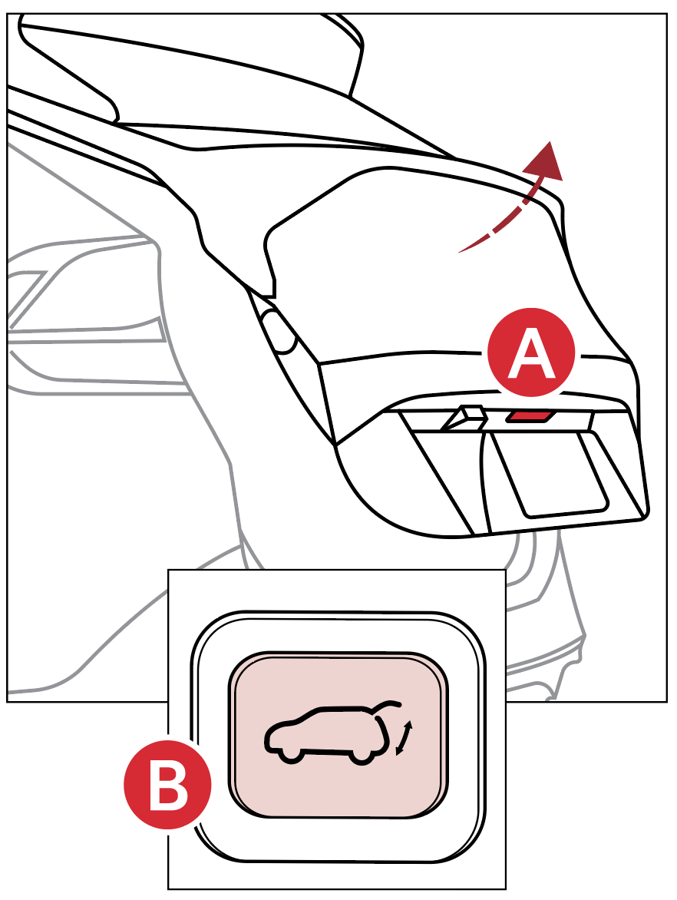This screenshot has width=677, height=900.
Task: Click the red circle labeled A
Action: click(531, 352)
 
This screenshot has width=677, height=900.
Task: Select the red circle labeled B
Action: click(168, 785)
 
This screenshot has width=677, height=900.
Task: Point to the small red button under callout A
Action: click(530, 415)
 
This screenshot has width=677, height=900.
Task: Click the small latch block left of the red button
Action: click(464, 419)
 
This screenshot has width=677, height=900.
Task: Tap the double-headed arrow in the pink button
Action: click(404, 738)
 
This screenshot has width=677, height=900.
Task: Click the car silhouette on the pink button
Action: click(334, 733)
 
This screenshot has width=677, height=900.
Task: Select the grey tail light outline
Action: click(86, 316)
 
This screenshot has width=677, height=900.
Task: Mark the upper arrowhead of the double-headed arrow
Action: click(409, 726)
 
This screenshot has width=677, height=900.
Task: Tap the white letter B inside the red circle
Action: click(168, 786)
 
